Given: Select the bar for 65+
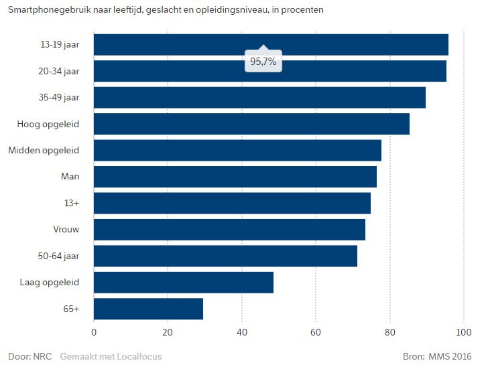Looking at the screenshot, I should coord(148,309).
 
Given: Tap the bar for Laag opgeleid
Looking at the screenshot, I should coord(184,282).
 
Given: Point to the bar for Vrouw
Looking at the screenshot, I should coord(229,230).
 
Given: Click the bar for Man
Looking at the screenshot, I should coord(235,177).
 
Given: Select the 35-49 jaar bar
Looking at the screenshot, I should coord(259,97).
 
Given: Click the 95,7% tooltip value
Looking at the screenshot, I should coord(263,62).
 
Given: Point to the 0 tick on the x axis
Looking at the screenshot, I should coord(94,332).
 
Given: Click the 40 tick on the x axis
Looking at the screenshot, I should coord(241,332).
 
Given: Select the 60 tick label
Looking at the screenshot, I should coord(315,332).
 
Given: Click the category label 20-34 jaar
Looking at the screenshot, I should coord(59,71).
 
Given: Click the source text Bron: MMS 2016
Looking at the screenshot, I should coord(437,356).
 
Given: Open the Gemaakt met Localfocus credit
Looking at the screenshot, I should coord(111,356).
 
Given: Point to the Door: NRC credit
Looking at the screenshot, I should coord(29,356).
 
